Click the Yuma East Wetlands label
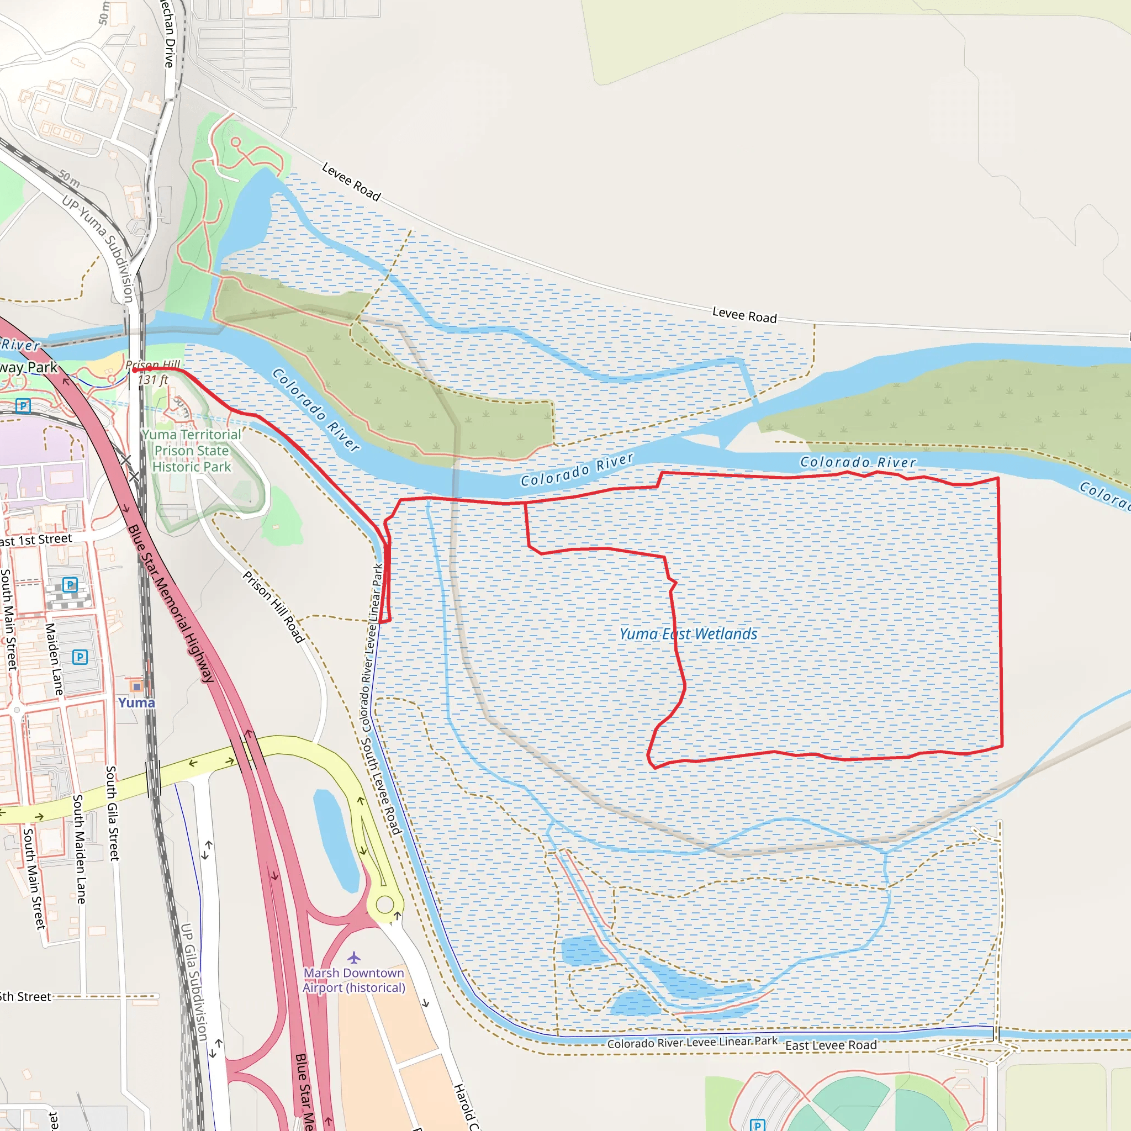pos(689,634)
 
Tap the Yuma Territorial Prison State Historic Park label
pos(192,451)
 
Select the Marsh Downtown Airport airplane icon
pos(354,958)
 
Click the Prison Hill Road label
pos(274,607)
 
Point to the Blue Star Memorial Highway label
pos(171,604)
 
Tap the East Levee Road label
pos(831,1045)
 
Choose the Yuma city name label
pos(136,703)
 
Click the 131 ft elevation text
pos(153,380)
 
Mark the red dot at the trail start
pos(135,370)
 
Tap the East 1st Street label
pos(35,540)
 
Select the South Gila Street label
pos(113,813)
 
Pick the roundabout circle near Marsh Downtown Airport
pos(384,905)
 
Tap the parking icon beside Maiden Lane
pos(80,657)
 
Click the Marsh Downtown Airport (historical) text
pos(354,981)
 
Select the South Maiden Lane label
pos(79,849)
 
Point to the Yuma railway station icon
pos(136,686)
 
